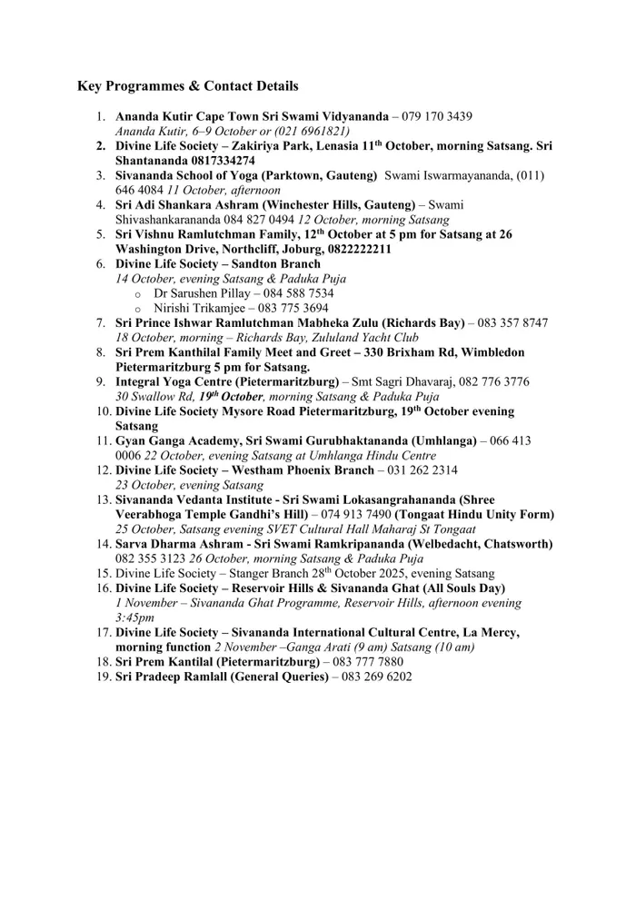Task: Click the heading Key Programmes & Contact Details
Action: click(187, 86)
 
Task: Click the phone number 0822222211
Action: click(345, 249)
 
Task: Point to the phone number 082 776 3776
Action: click(494, 381)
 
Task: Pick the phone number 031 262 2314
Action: click(419, 469)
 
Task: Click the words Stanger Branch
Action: click(278, 573)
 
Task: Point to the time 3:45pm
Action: click(134, 617)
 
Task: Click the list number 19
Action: click(102, 676)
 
